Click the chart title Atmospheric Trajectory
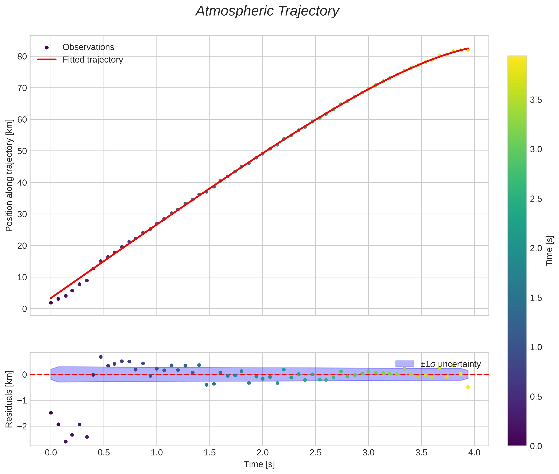coord(267,11)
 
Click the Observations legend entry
coord(88,47)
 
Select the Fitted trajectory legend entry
coord(93,60)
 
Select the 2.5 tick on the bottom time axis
coord(315,452)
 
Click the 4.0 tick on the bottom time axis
coord(474,452)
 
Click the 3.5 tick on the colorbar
coord(536,100)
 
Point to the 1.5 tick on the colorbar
coord(536,298)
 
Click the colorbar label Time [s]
coord(549,251)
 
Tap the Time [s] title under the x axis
coord(259,464)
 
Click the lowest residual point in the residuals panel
coord(66,441)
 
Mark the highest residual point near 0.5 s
coord(101,357)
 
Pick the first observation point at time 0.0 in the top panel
coord(51,303)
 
